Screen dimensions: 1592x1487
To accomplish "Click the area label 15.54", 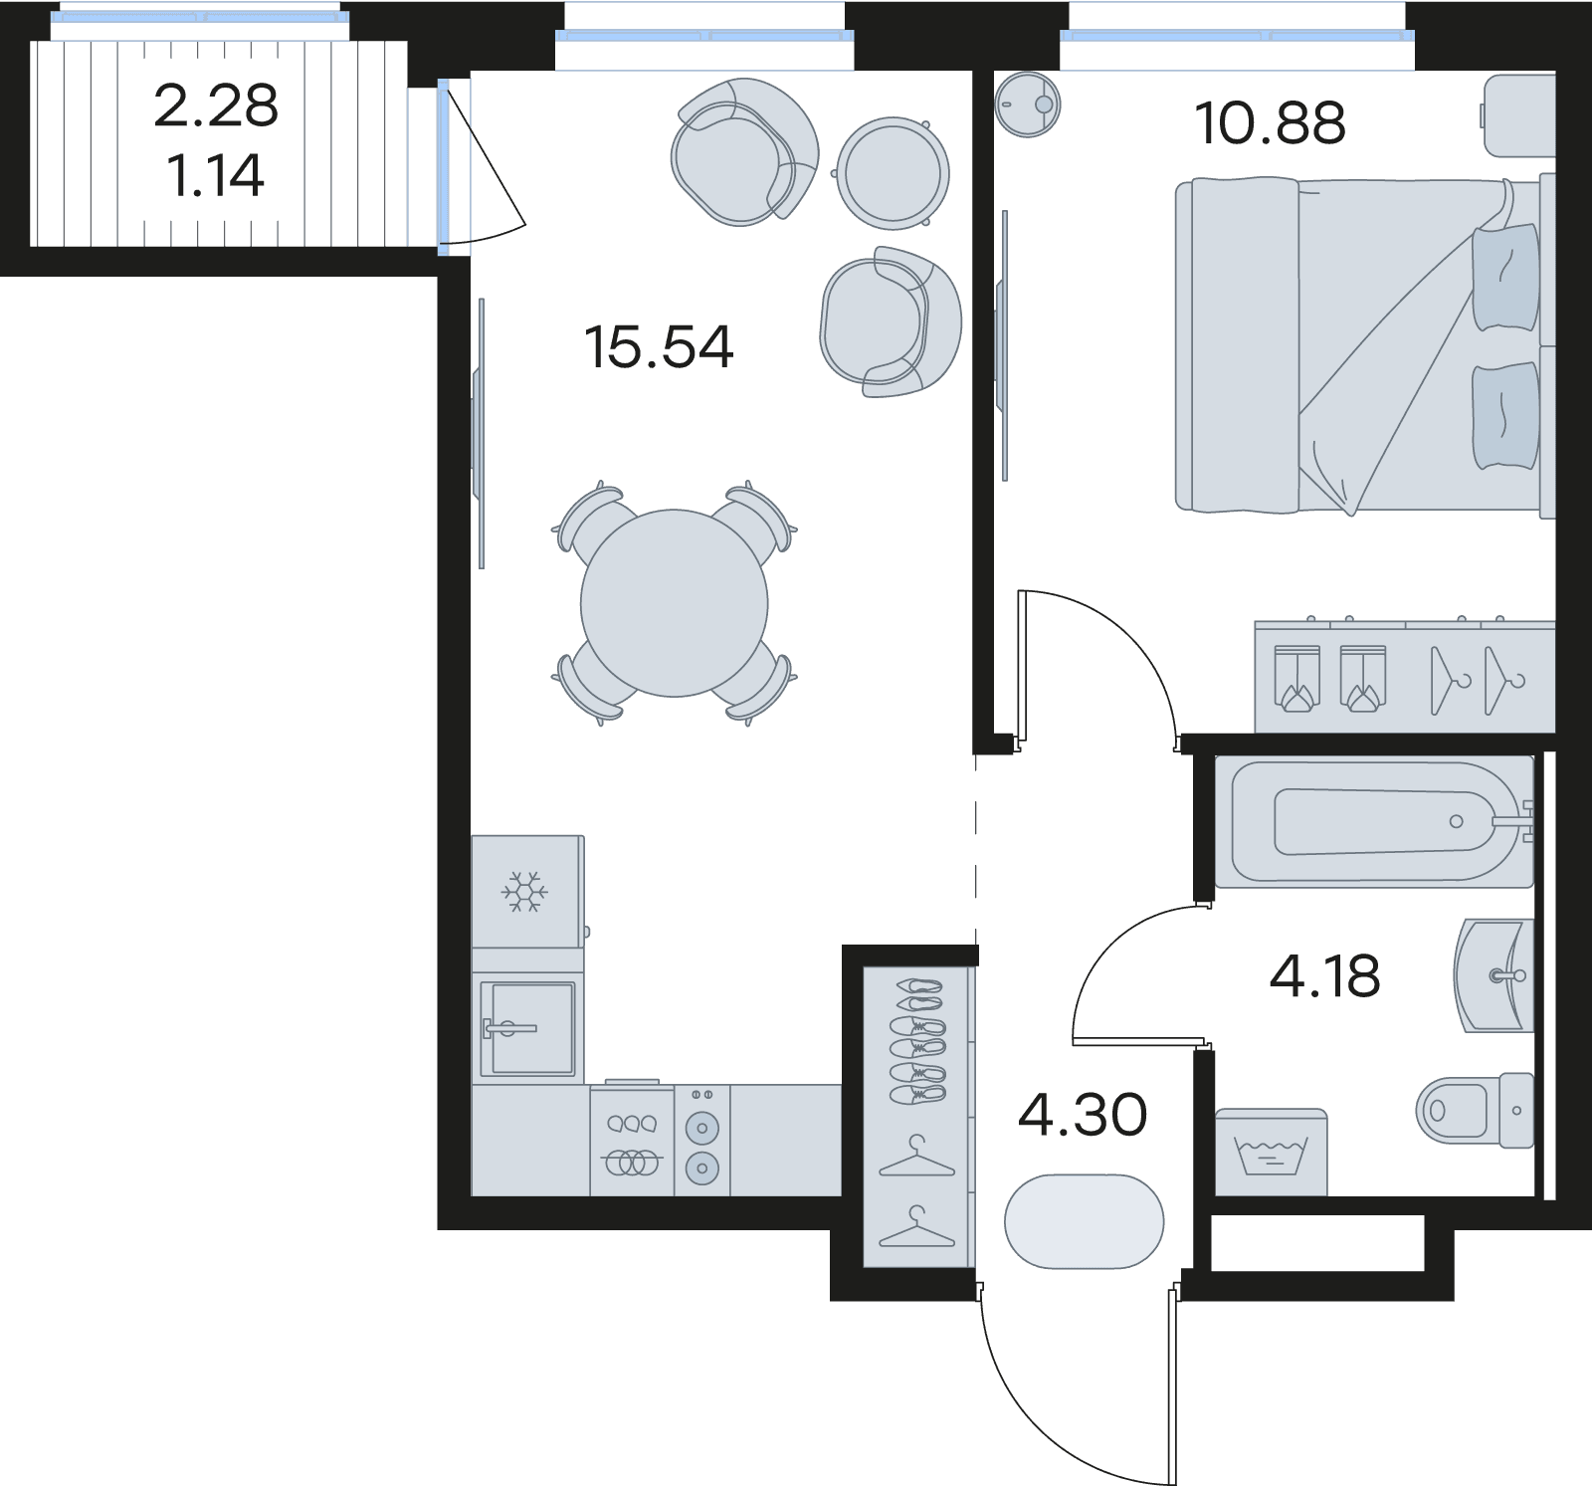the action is pyautogui.click(x=659, y=347).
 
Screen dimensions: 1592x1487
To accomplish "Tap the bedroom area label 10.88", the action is pyautogui.click(x=1271, y=123).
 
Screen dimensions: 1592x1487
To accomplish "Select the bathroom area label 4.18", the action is pyautogui.click(x=1324, y=976).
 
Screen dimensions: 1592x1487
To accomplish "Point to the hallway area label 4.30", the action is pyautogui.click(x=1083, y=1115).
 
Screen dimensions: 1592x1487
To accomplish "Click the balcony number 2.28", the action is pyautogui.click(x=216, y=106).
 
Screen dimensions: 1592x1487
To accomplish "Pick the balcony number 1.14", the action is pyautogui.click(x=216, y=177).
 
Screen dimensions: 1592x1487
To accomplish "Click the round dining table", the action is pyautogui.click(x=675, y=602).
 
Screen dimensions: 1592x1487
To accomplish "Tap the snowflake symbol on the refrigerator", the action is pyautogui.click(x=524, y=892).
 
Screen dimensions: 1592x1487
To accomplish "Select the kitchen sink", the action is pyautogui.click(x=527, y=1028).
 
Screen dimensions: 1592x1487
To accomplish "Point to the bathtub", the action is pyautogui.click(x=1374, y=822).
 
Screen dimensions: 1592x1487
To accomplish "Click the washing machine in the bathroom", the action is pyautogui.click(x=1272, y=1152).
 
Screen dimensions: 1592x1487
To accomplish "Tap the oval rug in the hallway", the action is pyautogui.click(x=1084, y=1221).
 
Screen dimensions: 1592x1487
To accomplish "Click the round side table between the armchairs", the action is pyautogui.click(x=893, y=170).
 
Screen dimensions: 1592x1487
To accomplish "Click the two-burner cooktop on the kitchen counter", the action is pyautogui.click(x=702, y=1140).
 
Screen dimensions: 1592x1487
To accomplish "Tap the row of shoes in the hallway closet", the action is pyautogui.click(x=916, y=1040).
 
